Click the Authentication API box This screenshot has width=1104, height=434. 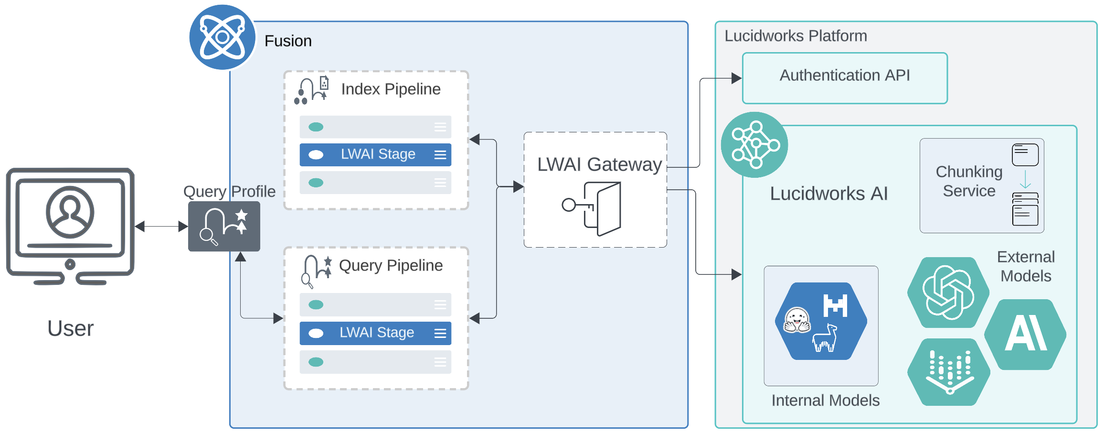[x=844, y=78]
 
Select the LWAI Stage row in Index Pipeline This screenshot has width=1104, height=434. [x=375, y=155]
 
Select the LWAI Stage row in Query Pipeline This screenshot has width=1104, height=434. [x=375, y=333]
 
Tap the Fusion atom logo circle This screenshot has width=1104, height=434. [x=222, y=37]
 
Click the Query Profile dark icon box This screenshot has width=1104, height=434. [x=224, y=226]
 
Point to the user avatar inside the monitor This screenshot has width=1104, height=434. [x=70, y=212]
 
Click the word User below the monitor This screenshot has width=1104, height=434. [x=71, y=328]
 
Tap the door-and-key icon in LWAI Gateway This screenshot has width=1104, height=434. [x=594, y=208]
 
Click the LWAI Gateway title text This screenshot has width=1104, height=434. [x=599, y=164]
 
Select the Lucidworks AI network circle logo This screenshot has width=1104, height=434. [x=754, y=145]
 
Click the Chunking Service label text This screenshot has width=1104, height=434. [x=969, y=181]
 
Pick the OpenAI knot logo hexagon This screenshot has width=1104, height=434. [x=948, y=293]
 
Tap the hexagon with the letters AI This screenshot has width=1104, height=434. [x=1026, y=334]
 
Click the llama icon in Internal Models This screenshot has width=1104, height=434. [x=826, y=338]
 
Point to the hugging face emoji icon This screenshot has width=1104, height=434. [x=797, y=320]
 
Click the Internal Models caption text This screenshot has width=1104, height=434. [x=825, y=401]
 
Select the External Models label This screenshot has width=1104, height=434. [x=1026, y=266]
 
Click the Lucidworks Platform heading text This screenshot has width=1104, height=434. [x=796, y=36]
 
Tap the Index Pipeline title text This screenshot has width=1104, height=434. [x=391, y=89]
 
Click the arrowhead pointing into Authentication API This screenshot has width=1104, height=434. [x=737, y=78]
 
